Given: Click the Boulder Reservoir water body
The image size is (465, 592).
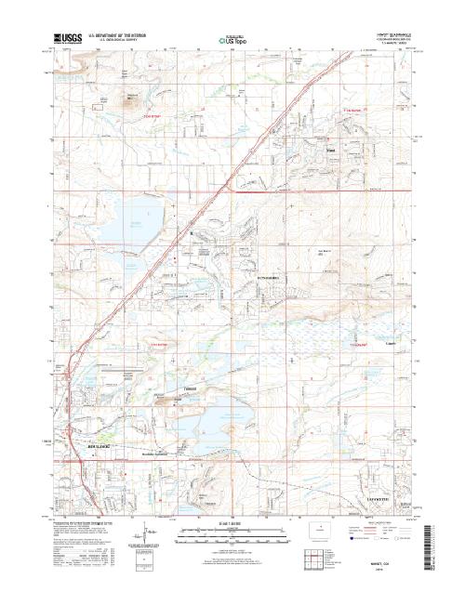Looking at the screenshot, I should click(137, 227).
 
